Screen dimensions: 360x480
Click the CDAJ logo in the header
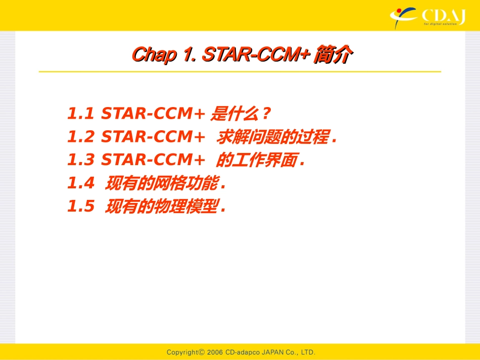[x=427, y=17]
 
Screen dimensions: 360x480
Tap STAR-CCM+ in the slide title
[x=255, y=55]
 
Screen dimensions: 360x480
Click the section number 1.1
[x=81, y=114]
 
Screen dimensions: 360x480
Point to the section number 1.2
[x=81, y=137]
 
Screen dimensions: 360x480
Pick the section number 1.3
[x=81, y=160]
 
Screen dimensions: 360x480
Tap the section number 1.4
[x=81, y=184]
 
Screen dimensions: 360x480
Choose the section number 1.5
[x=81, y=207]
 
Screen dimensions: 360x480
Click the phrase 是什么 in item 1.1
[x=232, y=114]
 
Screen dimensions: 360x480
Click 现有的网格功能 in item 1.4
[x=162, y=184]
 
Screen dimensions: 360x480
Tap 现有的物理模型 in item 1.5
[x=162, y=207]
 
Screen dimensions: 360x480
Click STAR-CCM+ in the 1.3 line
[x=153, y=160]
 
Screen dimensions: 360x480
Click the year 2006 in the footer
[x=215, y=352]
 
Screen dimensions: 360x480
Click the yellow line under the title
[x=240, y=72]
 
